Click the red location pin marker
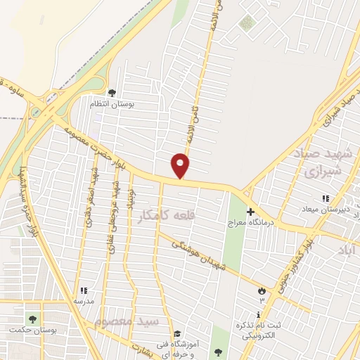pos(181,165)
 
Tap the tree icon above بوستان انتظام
pos(112,92)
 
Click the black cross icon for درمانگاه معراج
pos(251,211)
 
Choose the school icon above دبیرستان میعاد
pos(325,199)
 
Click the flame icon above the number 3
pos(262,290)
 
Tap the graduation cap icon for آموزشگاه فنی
pos(177,333)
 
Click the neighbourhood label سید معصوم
pos(127,321)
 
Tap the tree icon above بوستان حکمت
pos(31,319)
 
